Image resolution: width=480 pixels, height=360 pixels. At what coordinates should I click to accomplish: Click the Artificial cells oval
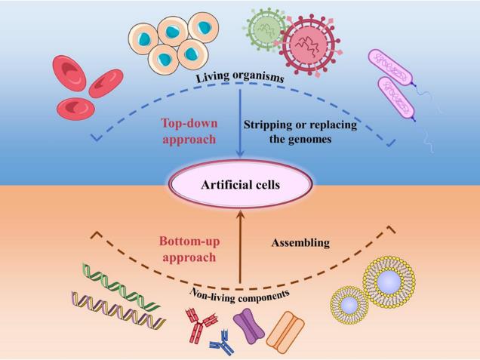tap(241, 183)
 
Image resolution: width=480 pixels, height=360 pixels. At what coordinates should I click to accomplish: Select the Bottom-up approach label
tap(188, 248)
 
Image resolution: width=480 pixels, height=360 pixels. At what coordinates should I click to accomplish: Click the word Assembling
tap(300, 242)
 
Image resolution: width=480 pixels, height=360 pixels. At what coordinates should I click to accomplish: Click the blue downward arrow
tap(241, 121)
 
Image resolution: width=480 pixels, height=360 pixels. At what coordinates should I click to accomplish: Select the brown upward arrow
tap(241, 249)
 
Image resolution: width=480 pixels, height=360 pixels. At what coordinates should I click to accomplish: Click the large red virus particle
tap(309, 45)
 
